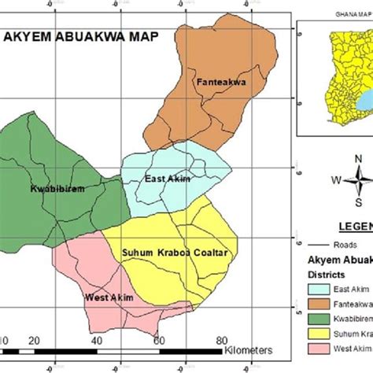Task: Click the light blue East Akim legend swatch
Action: click(318, 290)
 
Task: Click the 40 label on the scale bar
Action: click(97, 340)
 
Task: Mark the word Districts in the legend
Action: click(326, 275)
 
